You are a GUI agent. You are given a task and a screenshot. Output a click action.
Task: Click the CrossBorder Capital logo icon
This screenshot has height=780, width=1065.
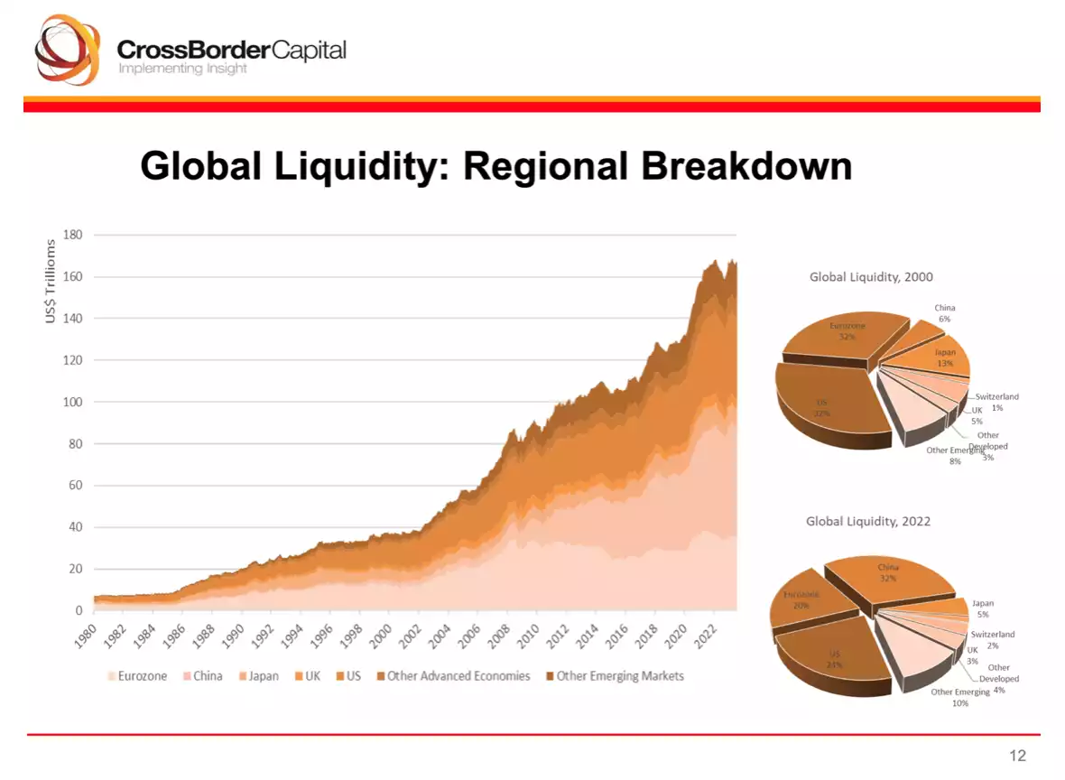67,51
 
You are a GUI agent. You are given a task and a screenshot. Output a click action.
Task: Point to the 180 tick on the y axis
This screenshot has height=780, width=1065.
72,235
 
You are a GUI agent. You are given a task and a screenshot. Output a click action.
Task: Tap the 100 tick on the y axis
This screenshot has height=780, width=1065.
72,402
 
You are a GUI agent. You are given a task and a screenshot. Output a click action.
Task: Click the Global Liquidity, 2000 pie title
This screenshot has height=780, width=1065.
871,277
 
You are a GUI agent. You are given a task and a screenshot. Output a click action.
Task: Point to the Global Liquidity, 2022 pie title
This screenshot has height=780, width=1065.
867,521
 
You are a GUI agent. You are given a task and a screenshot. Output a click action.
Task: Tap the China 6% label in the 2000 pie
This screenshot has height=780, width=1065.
944,313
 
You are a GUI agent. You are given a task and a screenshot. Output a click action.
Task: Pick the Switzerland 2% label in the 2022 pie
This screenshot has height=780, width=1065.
993,639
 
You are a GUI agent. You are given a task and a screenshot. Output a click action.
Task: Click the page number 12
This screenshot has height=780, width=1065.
1017,756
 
